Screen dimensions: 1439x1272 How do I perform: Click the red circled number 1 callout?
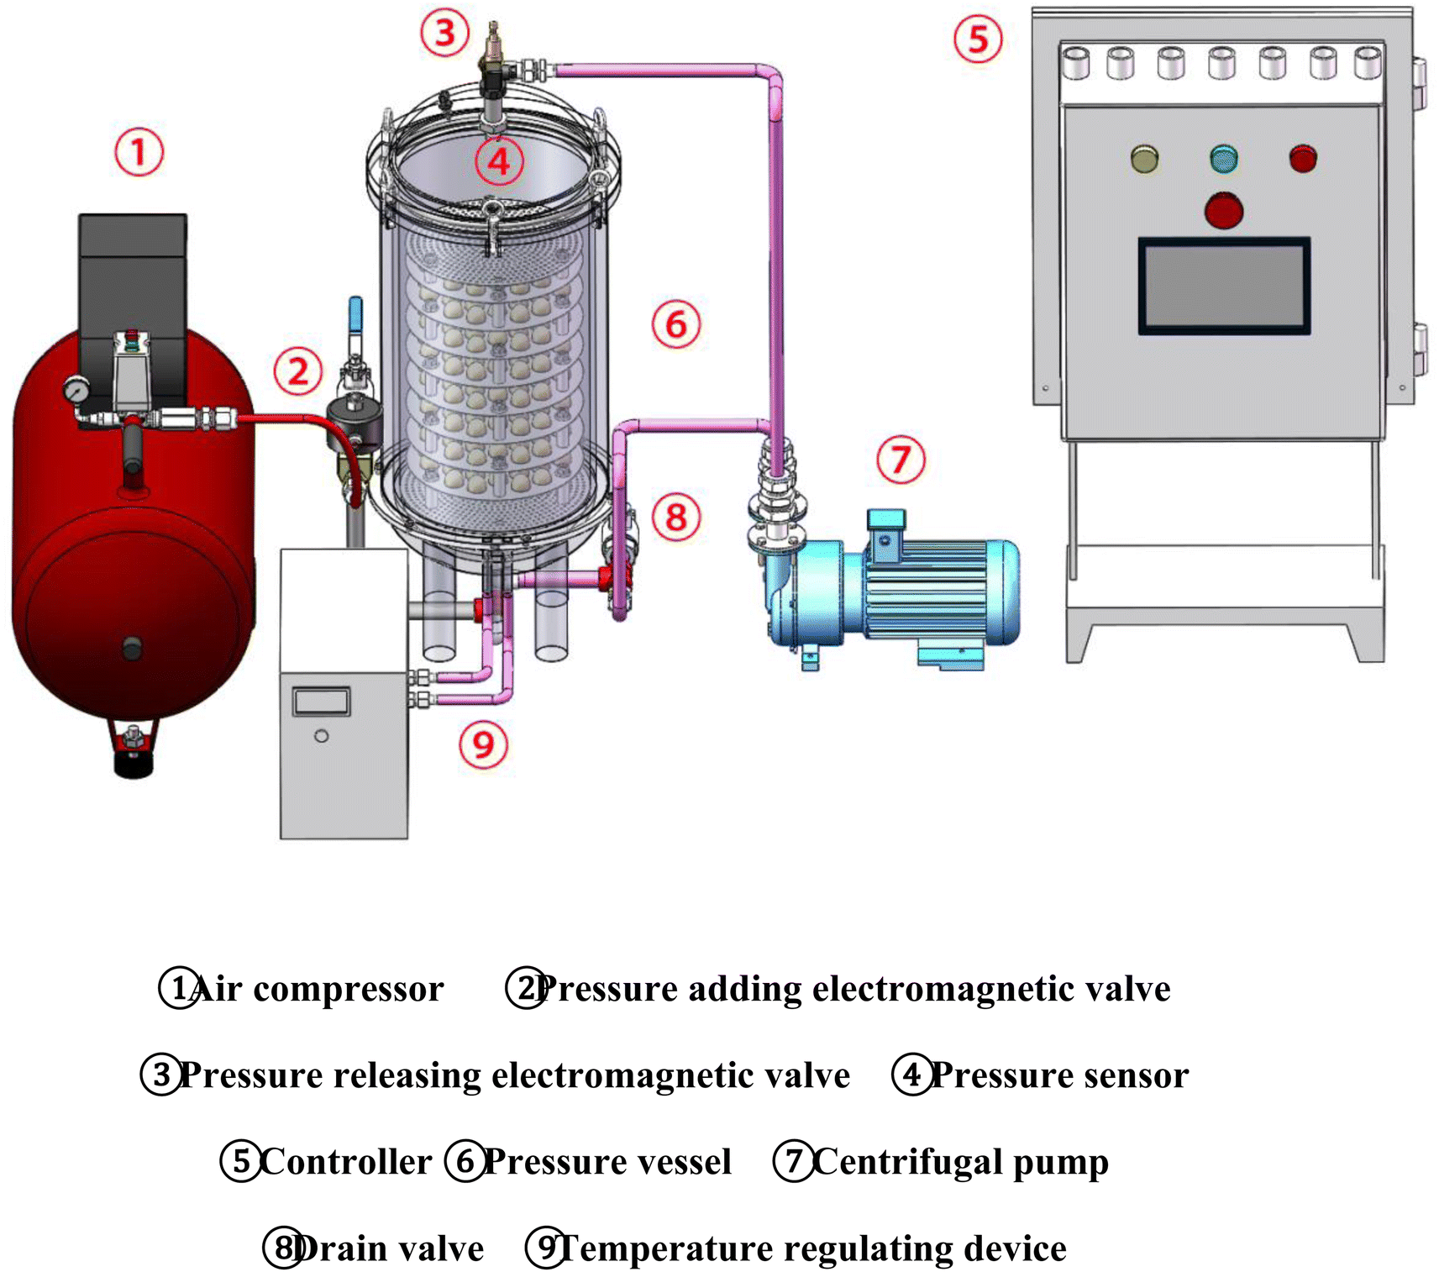(x=139, y=152)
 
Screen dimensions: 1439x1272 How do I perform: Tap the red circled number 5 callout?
(x=978, y=39)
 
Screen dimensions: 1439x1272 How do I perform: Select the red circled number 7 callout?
(x=901, y=459)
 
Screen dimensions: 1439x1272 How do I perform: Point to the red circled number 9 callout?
(x=483, y=744)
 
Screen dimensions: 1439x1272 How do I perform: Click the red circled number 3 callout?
(x=444, y=33)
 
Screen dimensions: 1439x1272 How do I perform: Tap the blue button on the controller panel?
(x=1224, y=158)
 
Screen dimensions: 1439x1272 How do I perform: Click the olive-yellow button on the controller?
(x=1144, y=158)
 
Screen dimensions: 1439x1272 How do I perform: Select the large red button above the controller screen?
(x=1224, y=210)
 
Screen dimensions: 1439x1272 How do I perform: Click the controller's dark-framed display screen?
(x=1224, y=286)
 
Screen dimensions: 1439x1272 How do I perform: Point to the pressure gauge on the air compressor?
(x=76, y=391)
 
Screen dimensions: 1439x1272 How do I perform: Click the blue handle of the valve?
(x=355, y=315)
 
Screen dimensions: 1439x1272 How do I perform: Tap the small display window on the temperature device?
(x=321, y=702)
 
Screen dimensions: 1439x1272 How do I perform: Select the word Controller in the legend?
(x=345, y=1161)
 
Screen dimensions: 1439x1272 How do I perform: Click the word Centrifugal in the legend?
(x=908, y=1163)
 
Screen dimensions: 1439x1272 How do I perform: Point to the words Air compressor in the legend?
(x=317, y=990)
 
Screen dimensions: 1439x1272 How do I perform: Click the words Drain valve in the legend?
(x=389, y=1248)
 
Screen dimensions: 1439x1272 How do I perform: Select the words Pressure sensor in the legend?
(x=1060, y=1075)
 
